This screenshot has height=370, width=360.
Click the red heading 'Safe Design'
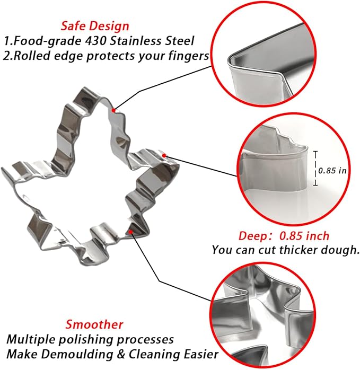(95, 27)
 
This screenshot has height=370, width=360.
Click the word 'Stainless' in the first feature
(136, 41)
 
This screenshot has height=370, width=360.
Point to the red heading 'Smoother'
(94, 324)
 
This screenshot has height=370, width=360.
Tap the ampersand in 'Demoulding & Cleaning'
(121, 354)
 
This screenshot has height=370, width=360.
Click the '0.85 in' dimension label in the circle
(332, 170)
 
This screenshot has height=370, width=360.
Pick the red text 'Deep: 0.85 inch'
(284, 236)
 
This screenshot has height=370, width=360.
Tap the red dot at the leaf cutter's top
(113, 110)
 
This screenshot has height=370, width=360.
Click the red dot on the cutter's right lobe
(164, 155)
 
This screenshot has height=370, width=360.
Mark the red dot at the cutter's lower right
(130, 232)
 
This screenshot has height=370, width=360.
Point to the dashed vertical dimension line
(315, 168)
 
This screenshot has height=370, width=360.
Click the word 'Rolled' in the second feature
(32, 56)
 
